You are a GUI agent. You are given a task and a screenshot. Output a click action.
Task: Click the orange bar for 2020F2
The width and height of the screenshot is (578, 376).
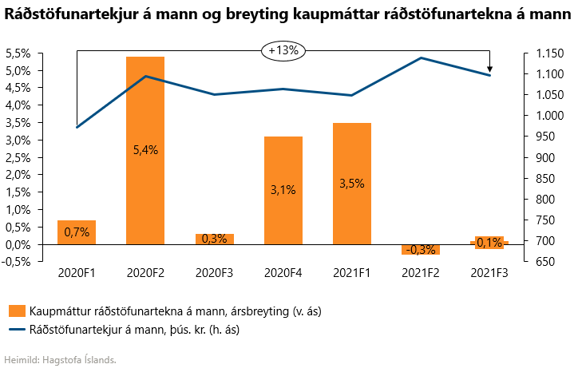[x=145, y=104]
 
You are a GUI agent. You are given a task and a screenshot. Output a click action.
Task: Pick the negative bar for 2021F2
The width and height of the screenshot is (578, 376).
[x=421, y=249]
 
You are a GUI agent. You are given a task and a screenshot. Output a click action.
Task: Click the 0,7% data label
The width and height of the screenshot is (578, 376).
[x=77, y=232]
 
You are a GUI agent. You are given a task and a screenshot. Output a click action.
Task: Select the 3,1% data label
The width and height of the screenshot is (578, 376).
[x=283, y=190]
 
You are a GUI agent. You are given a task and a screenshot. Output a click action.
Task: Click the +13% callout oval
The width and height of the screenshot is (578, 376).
[x=283, y=50]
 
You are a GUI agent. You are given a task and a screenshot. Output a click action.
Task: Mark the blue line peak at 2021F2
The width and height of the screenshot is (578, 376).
[x=421, y=57]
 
